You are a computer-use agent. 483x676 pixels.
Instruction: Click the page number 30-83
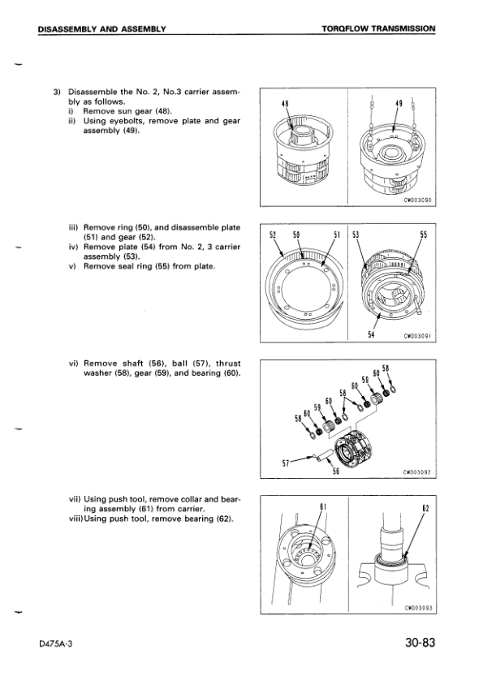coord(420,643)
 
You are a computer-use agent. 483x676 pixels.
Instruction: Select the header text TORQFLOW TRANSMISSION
coord(378,29)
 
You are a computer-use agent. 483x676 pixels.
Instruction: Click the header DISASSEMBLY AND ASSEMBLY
coord(101,29)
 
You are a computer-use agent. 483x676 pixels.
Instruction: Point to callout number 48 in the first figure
coord(284,104)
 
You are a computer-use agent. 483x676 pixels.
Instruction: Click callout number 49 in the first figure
coord(399,104)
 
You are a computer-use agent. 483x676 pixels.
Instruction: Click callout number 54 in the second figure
coord(371,334)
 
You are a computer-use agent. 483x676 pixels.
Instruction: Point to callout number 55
coord(424,235)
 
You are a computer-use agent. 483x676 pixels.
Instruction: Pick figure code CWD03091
coord(418,336)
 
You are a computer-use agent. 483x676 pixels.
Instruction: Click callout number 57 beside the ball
coord(285,463)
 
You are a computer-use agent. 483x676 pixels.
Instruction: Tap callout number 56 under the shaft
coord(335,471)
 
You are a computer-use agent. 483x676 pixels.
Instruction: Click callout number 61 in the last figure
coord(321,506)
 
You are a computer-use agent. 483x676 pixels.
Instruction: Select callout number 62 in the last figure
coord(425,507)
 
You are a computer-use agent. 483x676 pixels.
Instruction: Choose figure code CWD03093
coord(418,609)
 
